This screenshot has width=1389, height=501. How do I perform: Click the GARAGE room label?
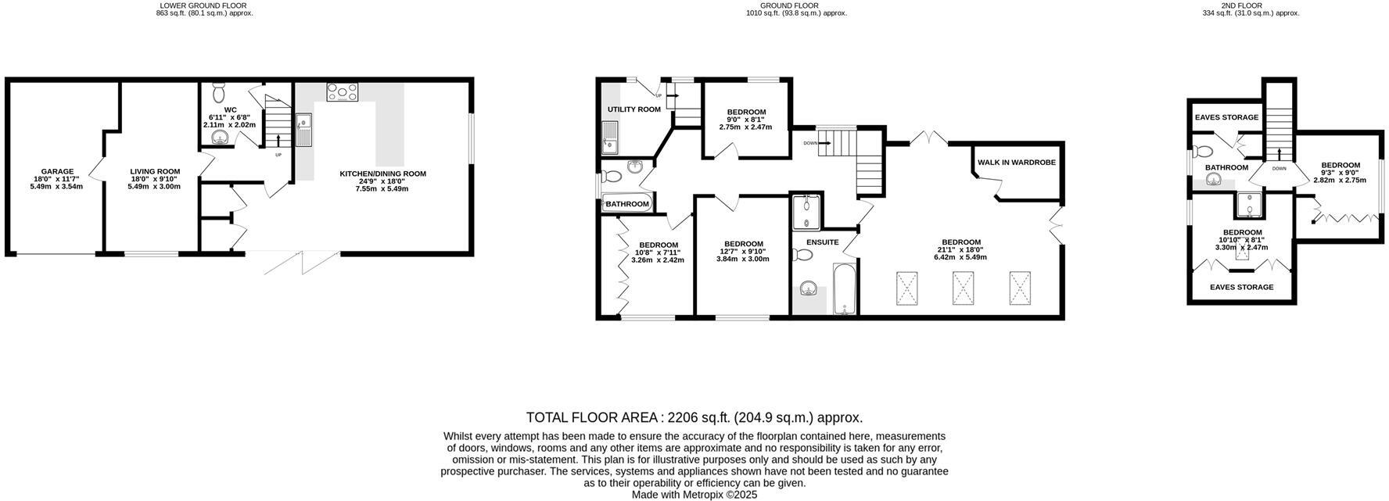57,171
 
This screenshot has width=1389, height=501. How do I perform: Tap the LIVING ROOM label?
155,171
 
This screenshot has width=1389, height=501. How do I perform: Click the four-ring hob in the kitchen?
342,93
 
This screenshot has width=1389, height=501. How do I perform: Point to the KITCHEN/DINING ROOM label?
382,174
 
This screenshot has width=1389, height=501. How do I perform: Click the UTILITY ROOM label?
634,109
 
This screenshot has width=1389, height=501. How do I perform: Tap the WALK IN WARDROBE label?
1016,163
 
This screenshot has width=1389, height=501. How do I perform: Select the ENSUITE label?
822,242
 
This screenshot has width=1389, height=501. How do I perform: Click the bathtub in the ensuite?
845,289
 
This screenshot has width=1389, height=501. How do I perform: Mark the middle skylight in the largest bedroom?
962,288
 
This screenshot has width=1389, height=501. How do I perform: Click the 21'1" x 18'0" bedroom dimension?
961,250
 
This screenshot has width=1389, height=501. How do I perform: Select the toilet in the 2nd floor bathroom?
1202,152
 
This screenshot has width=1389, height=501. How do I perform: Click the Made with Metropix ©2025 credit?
694,495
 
